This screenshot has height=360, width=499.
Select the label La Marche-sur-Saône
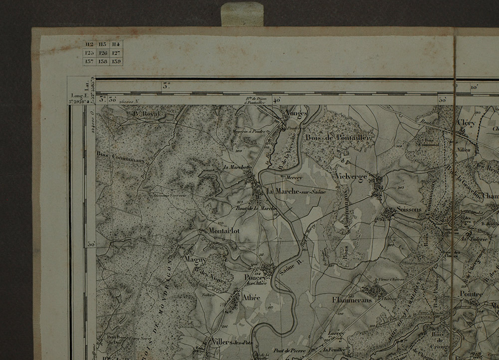(295, 191)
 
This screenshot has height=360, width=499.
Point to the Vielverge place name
(352, 177)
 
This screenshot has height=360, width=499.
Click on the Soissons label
(409, 210)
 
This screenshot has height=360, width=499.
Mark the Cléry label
(467, 123)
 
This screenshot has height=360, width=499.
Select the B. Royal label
(146, 114)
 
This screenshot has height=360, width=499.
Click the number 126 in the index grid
(103, 52)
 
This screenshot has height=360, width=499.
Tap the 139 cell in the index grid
(116, 61)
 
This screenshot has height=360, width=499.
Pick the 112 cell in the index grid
(89, 44)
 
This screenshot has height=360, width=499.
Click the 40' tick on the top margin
(276, 100)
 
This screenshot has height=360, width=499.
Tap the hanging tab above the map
(242, 14)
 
